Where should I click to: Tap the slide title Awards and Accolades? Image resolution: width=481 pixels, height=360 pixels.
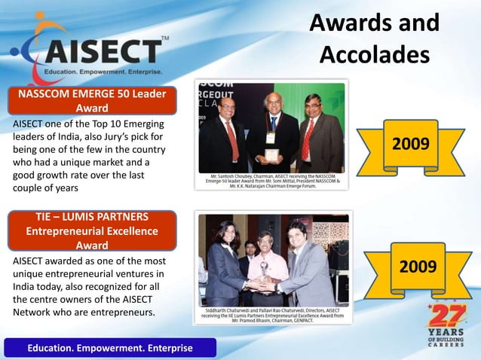374,38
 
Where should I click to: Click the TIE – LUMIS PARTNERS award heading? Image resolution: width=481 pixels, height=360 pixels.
93,230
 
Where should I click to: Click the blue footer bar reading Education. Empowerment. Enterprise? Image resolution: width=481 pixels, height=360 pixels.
110,348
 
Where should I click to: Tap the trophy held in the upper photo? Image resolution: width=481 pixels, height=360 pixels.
271,154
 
